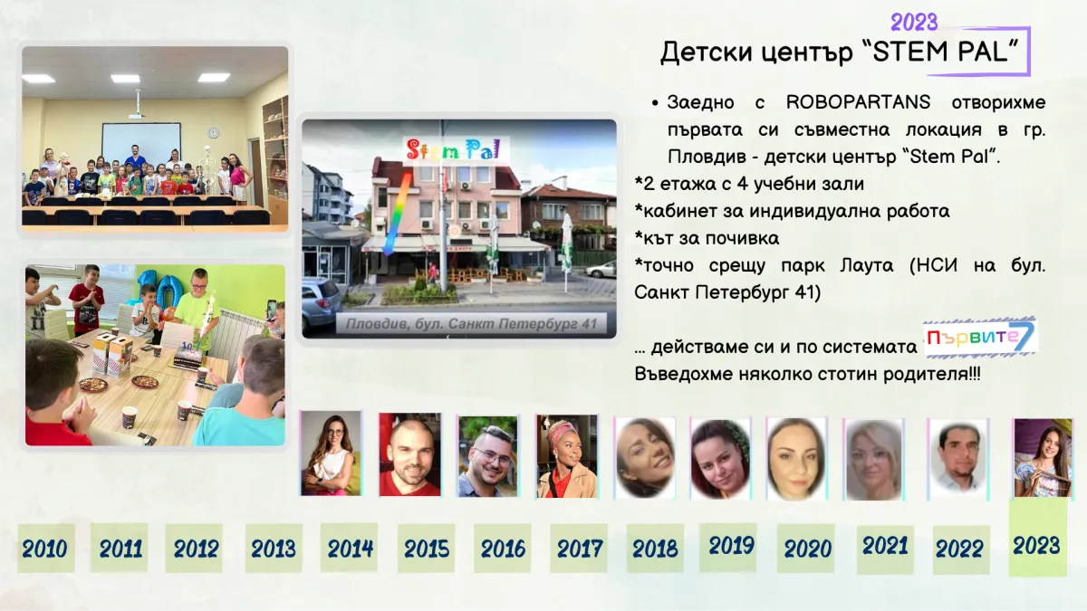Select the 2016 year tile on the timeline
[x=502, y=548]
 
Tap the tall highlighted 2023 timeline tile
[x=1037, y=538]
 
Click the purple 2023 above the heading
[x=914, y=23]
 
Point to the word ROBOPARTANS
[x=858, y=102]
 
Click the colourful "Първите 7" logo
[x=980, y=338]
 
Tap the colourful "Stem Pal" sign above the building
[x=453, y=149]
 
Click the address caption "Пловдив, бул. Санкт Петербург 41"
[x=471, y=324]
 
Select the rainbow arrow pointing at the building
[x=397, y=215]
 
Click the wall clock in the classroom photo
[x=213, y=132]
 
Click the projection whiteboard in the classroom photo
[x=141, y=144]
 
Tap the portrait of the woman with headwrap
[x=567, y=456]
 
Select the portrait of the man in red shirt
[x=410, y=454]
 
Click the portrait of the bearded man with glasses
[x=488, y=456]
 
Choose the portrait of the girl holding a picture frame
[x=1044, y=458]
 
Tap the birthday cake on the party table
[x=188, y=357]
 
